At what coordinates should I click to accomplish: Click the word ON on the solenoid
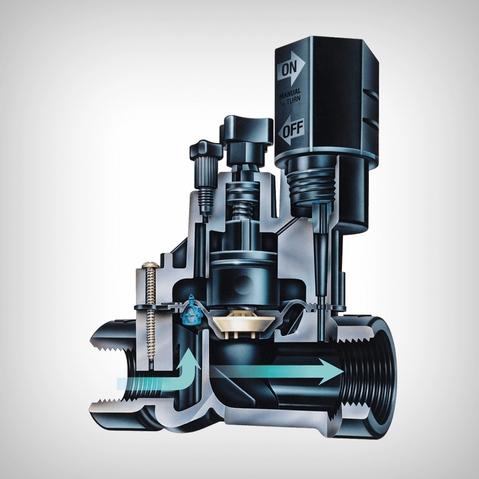coord(289,69)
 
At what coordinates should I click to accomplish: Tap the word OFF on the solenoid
coord(293,129)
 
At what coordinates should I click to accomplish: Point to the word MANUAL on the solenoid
coord(290,93)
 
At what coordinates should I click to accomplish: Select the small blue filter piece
coord(192,310)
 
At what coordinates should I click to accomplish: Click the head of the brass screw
coord(150,265)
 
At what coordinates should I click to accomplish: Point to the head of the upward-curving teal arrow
coord(190,358)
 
